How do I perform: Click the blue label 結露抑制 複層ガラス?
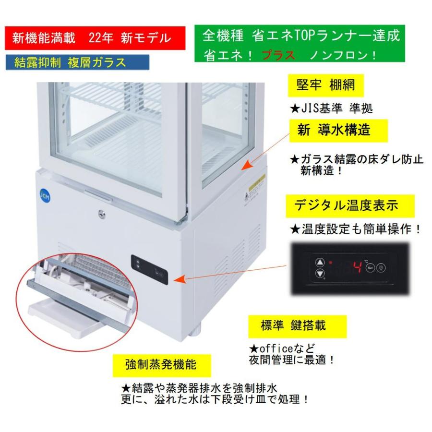(x=77, y=62)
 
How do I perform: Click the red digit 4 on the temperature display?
(x=357, y=267)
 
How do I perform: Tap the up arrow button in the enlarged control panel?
(x=320, y=263)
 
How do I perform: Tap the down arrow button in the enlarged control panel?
(x=320, y=274)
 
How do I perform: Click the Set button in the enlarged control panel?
(x=370, y=268)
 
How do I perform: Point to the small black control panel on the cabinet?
(x=149, y=270)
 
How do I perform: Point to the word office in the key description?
(x=273, y=347)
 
